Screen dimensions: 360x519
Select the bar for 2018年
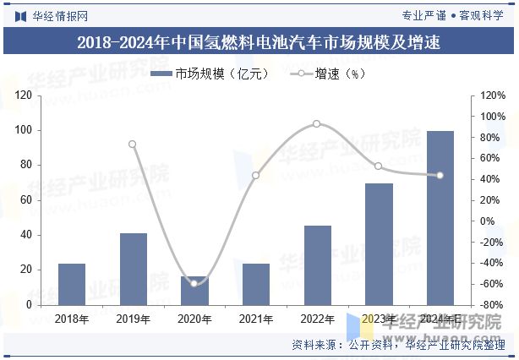(x=72, y=284)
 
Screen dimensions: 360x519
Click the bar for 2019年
(x=133, y=269)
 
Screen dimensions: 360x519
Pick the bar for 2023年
(x=379, y=243)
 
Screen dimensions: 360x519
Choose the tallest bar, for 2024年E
(x=440, y=217)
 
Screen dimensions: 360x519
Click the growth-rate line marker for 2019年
(x=133, y=144)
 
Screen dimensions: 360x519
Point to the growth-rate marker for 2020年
(x=194, y=283)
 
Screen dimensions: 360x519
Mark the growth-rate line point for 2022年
(x=317, y=123)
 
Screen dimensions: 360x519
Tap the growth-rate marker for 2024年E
(x=440, y=176)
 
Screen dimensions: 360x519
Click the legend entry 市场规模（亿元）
(x=210, y=74)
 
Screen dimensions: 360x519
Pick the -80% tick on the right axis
(x=489, y=304)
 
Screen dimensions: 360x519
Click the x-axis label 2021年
(x=256, y=319)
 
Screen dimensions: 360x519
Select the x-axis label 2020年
(x=194, y=319)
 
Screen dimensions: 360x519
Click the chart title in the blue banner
(x=259, y=41)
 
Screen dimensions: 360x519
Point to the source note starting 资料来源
(x=396, y=345)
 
